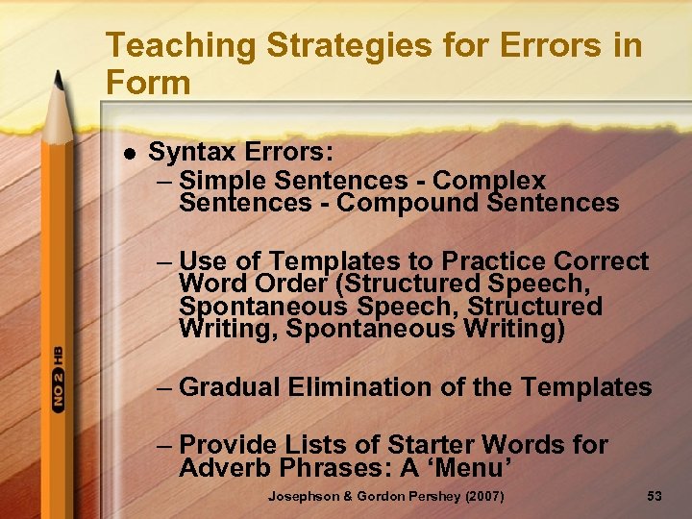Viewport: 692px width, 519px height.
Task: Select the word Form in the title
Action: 149,83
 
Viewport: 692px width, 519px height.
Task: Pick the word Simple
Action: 223,180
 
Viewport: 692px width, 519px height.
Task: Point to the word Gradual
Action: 230,387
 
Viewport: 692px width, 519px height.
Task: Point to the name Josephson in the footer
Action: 302,497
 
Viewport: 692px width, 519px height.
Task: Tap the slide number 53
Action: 655,497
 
